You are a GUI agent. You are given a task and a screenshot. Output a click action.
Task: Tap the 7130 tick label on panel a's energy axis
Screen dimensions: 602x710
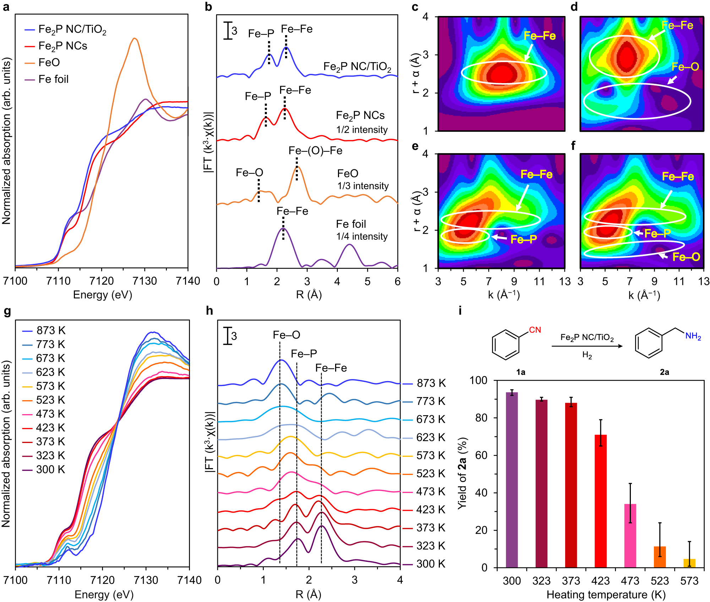[x=144, y=281]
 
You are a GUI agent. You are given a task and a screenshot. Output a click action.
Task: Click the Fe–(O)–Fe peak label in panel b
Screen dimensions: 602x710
[x=315, y=151]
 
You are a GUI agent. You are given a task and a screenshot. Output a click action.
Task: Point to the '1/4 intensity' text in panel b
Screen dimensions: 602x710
[x=362, y=236]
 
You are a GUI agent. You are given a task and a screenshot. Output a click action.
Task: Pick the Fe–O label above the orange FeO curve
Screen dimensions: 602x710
[x=249, y=173]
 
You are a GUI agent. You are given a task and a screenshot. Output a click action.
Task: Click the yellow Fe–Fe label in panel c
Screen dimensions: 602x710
[x=540, y=36]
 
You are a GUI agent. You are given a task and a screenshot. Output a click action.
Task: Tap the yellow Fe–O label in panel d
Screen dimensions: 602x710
[x=685, y=67]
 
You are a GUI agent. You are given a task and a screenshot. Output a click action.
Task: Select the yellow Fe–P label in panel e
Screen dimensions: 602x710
[x=523, y=239]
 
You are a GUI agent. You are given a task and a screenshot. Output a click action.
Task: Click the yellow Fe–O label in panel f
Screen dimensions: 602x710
[x=686, y=257]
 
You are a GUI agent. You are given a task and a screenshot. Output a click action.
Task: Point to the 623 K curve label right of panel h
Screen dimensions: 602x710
[x=431, y=437]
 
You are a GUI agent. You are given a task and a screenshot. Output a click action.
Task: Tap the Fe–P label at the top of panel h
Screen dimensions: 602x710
[x=304, y=353]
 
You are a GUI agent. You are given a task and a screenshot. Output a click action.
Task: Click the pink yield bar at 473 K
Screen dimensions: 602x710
[x=630, y=535]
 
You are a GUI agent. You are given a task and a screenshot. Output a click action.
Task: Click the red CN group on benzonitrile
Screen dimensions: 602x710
[x=535, y=330]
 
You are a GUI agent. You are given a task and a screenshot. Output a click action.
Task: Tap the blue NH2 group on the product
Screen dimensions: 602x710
[x=693, y=336]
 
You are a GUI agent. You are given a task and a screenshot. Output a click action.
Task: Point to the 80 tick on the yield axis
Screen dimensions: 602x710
[x=481, y=418]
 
